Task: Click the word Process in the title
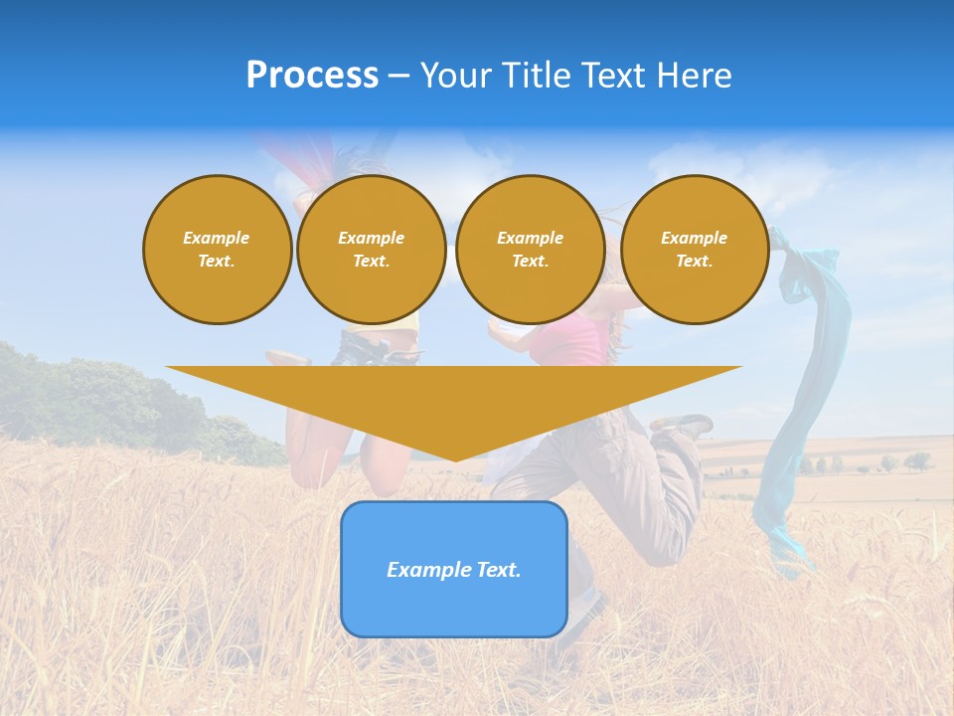[312, 76]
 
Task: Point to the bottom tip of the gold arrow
[454, 458]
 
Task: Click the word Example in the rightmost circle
[694, 238]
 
